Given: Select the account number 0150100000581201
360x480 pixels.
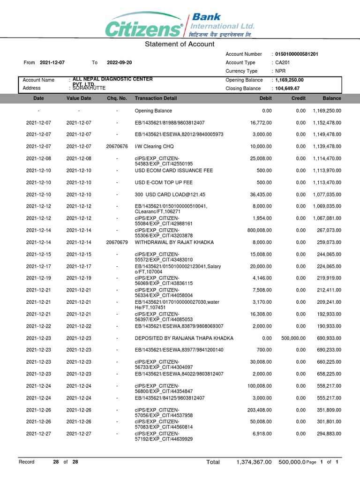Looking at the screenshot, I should coord(296,54).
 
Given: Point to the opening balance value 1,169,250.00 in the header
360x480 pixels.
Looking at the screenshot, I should coord(289,80).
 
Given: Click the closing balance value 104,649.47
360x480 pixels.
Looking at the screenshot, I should coord(287,88).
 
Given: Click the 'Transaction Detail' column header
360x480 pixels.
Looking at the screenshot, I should coord(156,98).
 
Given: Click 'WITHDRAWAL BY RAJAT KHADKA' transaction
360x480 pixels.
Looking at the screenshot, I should coord(174,242).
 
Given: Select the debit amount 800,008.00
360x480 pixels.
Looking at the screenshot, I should coord(259,230).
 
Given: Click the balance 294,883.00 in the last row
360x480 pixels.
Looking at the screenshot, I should coord(327,434).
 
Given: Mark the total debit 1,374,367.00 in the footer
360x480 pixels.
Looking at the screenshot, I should coord(254,462).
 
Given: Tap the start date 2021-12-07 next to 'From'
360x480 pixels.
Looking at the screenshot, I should coord(52,62).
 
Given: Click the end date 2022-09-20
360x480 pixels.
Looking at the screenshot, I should coord(120,62).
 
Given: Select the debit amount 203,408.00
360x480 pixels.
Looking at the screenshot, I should coord(259,410).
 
